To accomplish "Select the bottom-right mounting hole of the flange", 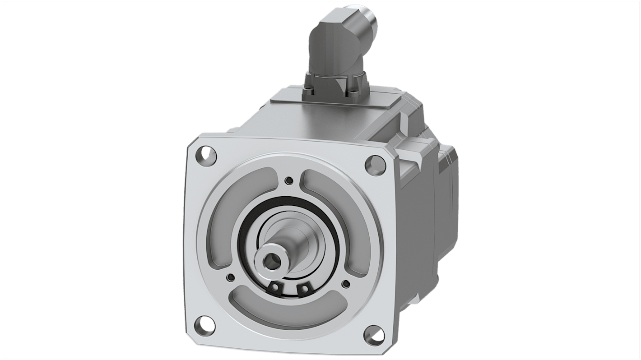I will pos(374,335).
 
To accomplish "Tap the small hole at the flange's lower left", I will pos(231,277).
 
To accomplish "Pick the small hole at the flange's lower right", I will pos(346,284).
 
